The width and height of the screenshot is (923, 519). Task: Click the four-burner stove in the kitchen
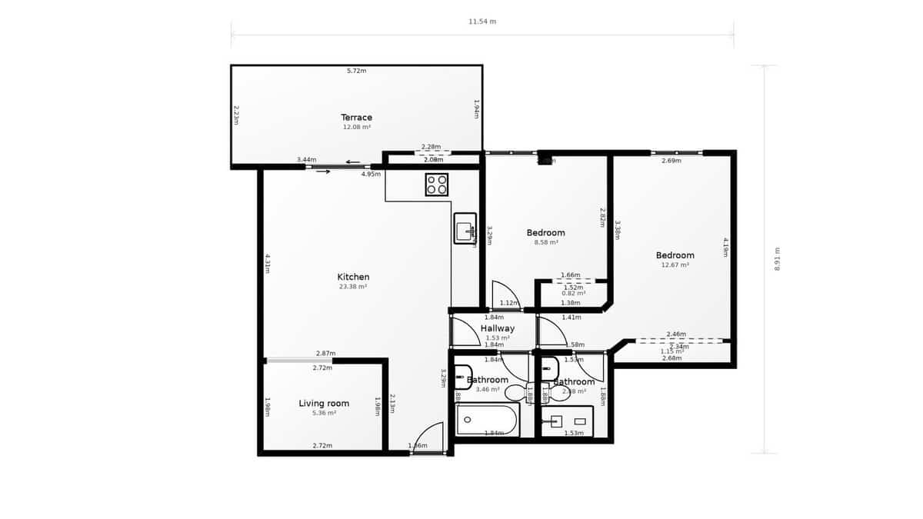437,184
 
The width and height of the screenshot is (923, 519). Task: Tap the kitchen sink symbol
465,228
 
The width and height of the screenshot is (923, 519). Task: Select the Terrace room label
357,118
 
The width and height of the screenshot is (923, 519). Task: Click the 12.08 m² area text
357,128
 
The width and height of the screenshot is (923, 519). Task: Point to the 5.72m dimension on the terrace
356,71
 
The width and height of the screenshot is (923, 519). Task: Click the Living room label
324,403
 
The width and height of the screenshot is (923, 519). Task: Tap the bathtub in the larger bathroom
487,421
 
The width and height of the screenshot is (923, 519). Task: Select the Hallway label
498,328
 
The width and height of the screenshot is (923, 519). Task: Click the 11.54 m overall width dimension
482,22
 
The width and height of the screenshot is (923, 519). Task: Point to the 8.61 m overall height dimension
777,259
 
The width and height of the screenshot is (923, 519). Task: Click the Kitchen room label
353,277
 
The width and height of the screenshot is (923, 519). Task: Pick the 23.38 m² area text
353,287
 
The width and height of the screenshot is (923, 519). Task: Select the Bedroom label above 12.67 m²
675,255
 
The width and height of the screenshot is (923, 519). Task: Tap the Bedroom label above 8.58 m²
545,232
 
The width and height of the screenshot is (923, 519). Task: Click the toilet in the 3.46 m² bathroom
516,392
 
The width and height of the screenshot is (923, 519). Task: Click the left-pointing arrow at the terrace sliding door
353,161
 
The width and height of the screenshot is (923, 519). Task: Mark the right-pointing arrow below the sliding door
323,171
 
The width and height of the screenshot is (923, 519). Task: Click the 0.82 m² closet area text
573,293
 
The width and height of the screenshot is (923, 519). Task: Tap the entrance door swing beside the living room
429,438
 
